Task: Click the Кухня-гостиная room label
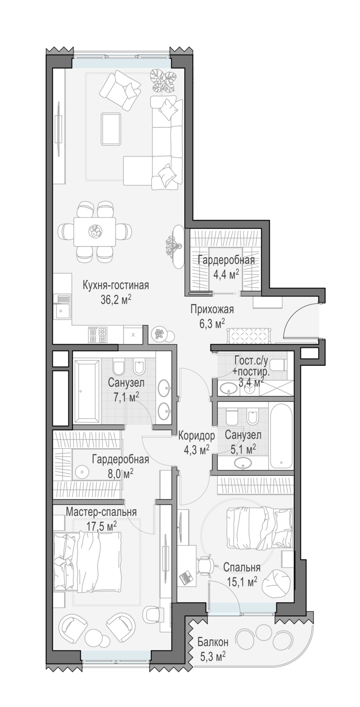click(x=115, y=286)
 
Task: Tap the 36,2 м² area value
click(x=116, y=300)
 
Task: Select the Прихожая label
click(x=212, y=310)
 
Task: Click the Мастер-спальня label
click(x=102, y=512)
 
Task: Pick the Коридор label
click(x=196, y=436)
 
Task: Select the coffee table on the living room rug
click(x=111, y=129)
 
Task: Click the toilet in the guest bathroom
click(x=279, y=365)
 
